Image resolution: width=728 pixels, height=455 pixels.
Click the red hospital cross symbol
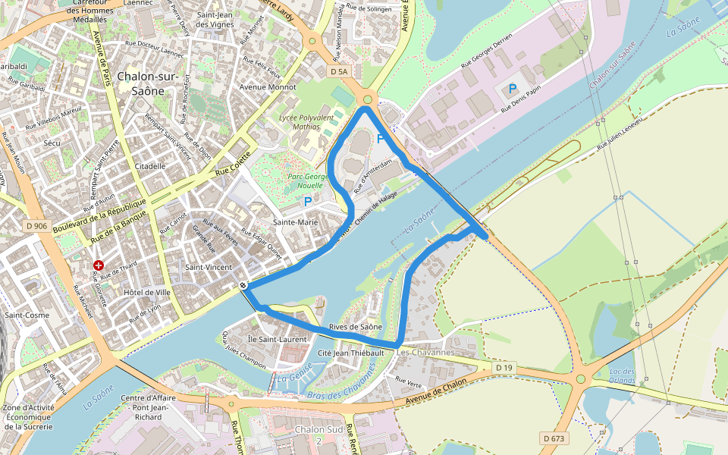[x=99, y=265]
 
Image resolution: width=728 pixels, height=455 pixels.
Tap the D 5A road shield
[x=339, y=71]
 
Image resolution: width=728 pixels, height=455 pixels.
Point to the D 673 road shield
[x=554, y=438]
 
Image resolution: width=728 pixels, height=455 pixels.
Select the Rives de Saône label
[x=356, y=327]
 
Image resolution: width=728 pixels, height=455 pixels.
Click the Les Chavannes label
[x=425, y=353]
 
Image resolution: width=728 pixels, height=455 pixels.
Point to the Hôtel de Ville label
[x=148, y=292]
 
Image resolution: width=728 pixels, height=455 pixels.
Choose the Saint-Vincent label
[x=209, y=267]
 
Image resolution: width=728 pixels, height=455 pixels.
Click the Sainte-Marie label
[x=294, y=222]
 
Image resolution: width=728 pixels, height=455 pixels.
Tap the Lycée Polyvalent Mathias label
[x=306, y=122]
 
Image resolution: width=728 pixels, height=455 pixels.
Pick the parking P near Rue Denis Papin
[x=513, y=89]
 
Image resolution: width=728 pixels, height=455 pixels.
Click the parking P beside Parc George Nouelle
[x=307, y=202]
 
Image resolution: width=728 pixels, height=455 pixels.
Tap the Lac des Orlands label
[x=622, y=375]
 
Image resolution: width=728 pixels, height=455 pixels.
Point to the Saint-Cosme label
[x=26, y=314]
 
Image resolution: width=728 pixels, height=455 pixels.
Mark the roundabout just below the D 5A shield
[x=369, y=99]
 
